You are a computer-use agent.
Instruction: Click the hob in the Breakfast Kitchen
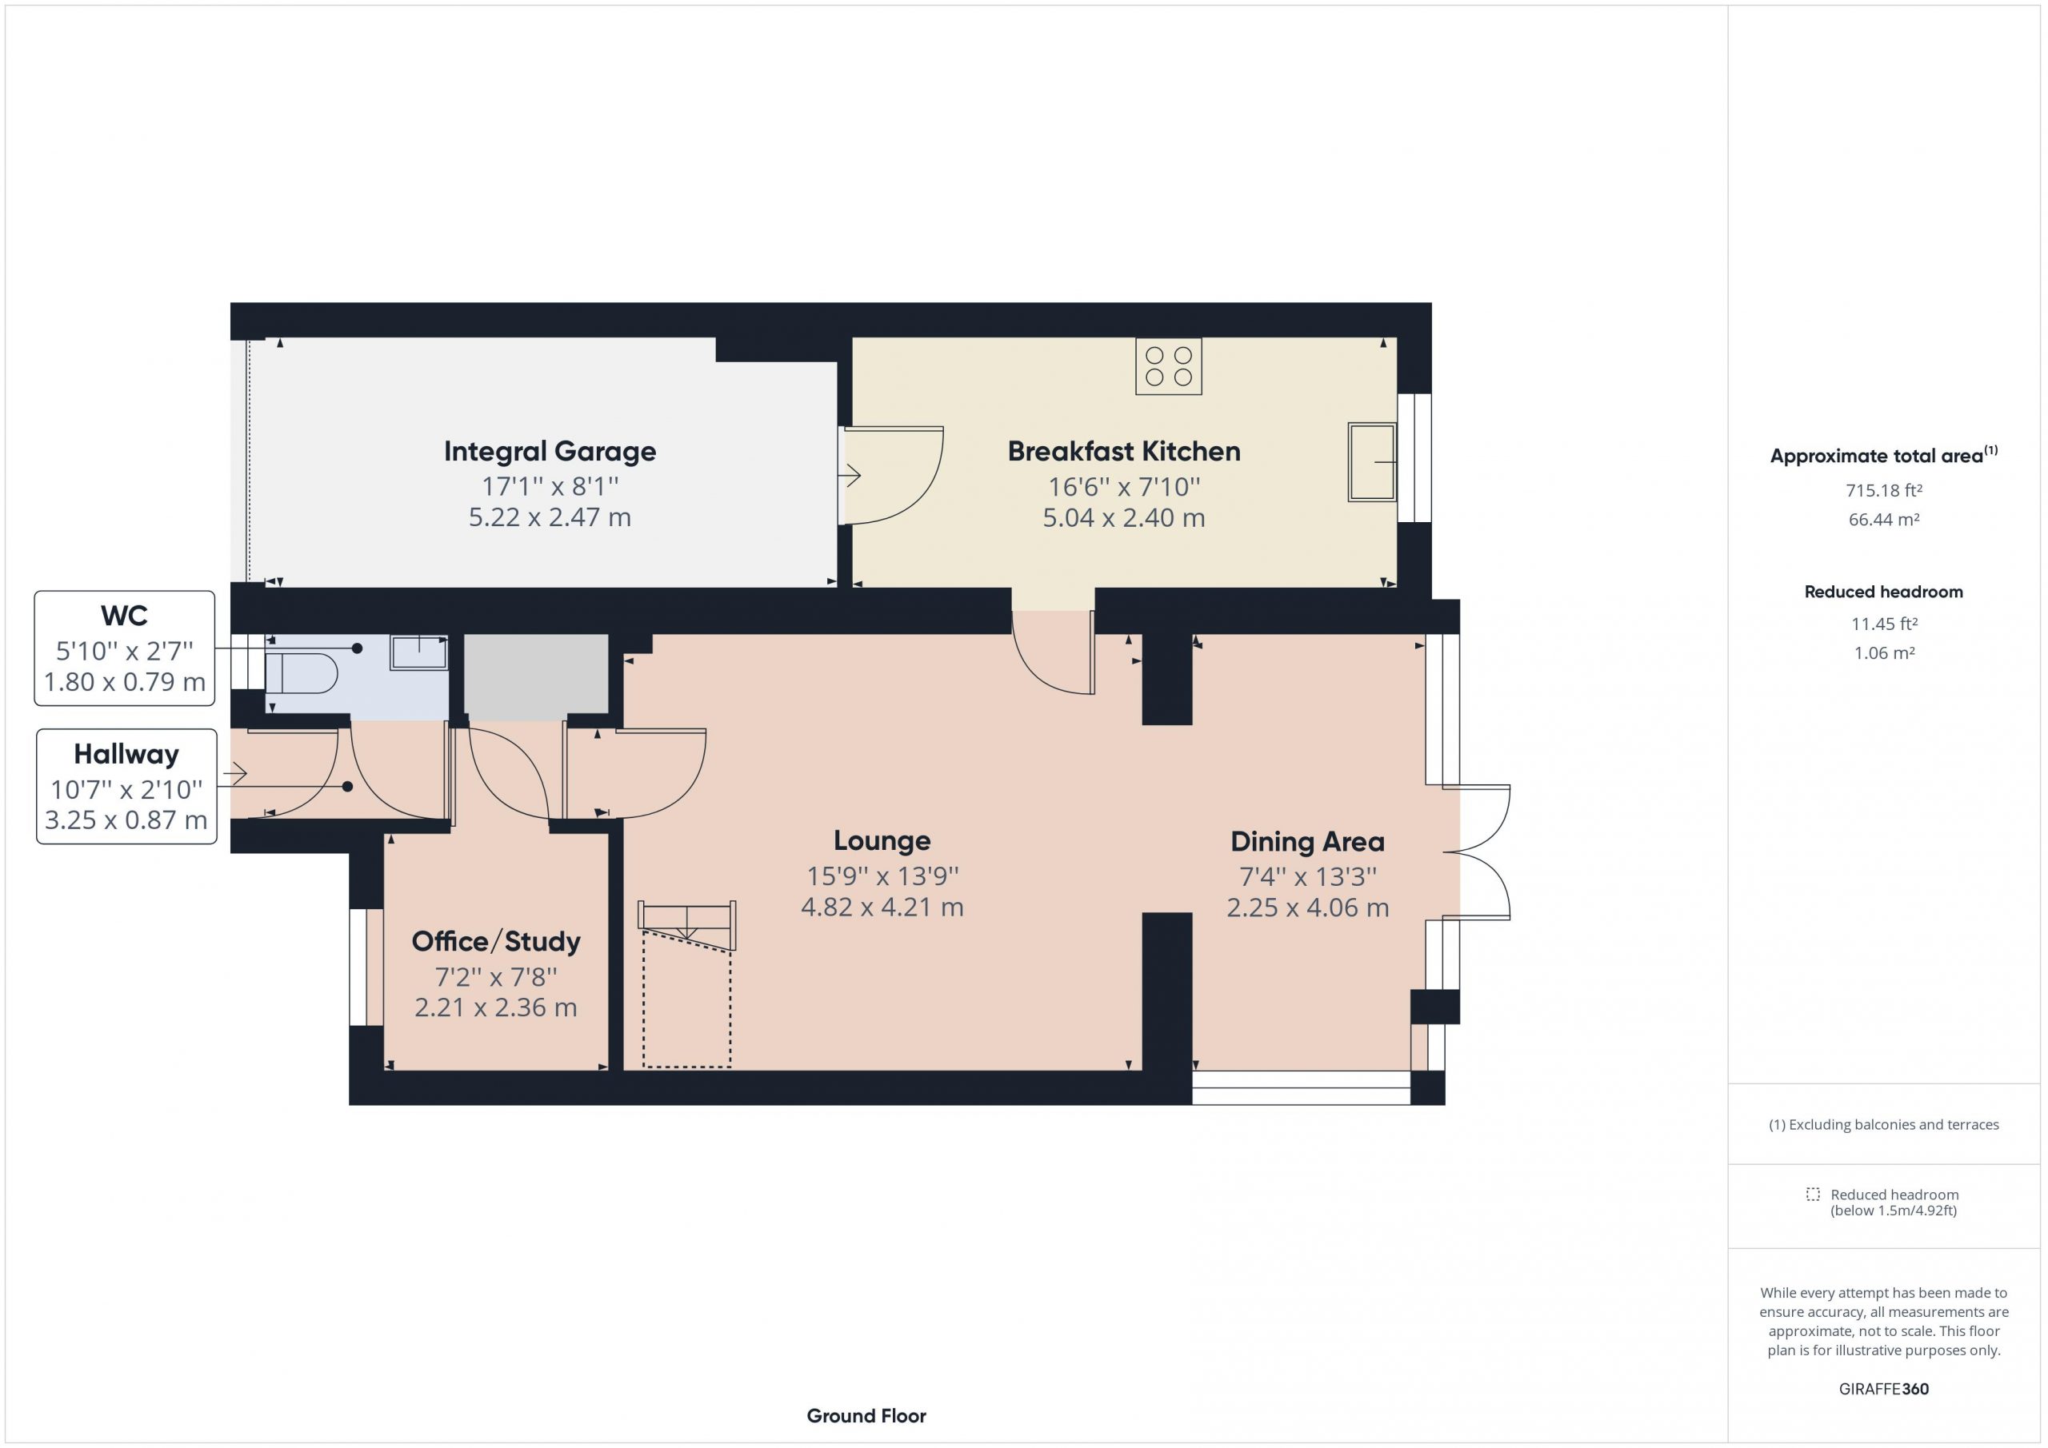tap(1169, 365)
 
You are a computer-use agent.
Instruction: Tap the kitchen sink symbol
tap(1372, 462)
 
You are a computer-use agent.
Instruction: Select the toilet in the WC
tap(302, 673)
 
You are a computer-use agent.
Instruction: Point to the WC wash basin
tap(418, 652)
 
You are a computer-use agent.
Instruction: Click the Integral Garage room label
tap(550, 451)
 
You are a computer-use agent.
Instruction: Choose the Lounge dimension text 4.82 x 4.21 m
tap(882, 907)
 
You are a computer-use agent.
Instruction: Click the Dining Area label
tap(1308, 841)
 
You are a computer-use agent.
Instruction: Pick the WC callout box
tap(125, 648)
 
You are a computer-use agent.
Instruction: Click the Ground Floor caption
tap(866, 1415)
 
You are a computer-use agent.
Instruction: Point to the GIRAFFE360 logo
tap(1884, 1388)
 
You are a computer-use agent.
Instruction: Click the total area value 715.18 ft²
tap(1884, 490)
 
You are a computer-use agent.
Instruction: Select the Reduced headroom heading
tap(1884, 591)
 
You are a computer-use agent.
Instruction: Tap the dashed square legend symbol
tap(1813, 1194)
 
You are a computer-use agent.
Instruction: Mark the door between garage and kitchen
tap(892, 475)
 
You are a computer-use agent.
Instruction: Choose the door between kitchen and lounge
tap(1054, 652)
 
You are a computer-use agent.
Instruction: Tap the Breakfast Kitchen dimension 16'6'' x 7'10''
tap(1124, 487)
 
